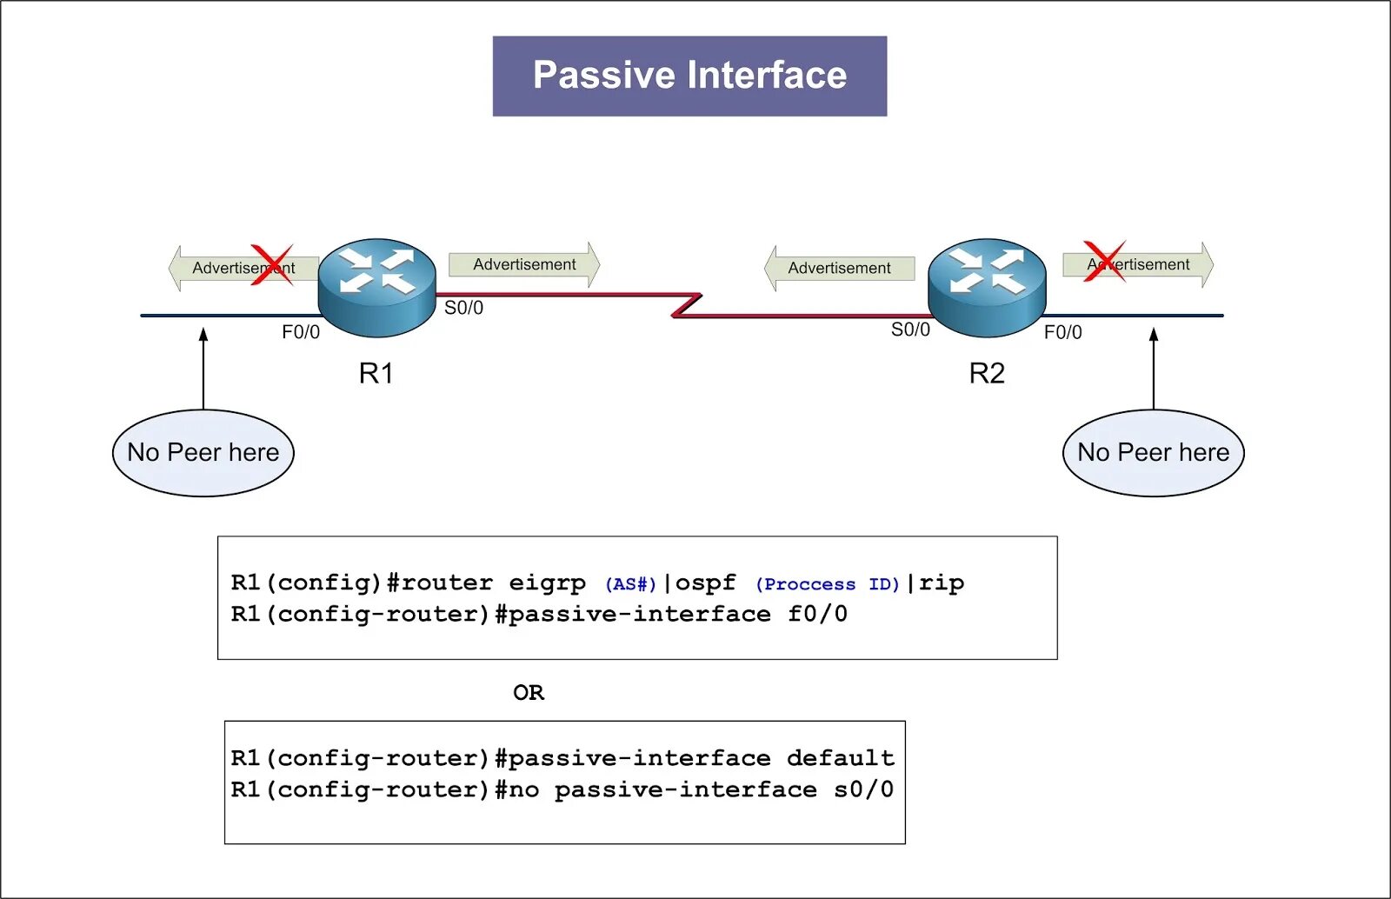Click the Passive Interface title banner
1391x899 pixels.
point(689,76)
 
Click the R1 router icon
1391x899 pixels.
point(376,287)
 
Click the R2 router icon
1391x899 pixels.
point(987,287)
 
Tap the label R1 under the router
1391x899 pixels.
point(376,374)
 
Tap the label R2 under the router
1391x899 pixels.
point(987,374)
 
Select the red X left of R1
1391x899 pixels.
point(272,265)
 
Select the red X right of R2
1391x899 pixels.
point(1105,261)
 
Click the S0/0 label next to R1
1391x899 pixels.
point(463,308)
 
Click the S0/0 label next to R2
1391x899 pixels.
point(910,330)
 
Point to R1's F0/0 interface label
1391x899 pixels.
point(301,332)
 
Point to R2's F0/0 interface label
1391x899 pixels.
point(1062,332)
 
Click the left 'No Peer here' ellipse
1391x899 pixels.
point(203,453)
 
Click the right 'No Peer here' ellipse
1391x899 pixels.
point(1154,453)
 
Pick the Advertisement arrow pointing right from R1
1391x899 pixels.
point(524,264)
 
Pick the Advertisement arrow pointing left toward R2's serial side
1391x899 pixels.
point(839,268)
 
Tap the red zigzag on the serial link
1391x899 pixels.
point(687,306)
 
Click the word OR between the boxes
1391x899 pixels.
point(529,693)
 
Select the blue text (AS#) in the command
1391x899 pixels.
point(630,584)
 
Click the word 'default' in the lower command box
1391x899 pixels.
point(841,758)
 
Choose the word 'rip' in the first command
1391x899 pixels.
point(942,583)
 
